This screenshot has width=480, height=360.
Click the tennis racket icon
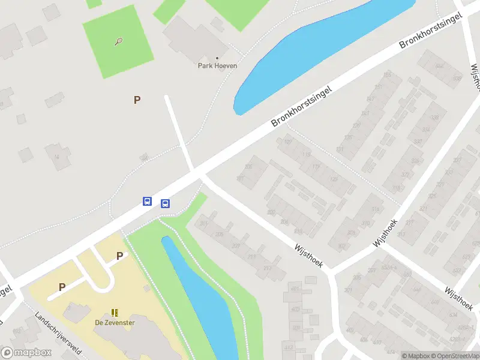point(119,41)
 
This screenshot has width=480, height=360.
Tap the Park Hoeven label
point(217,65)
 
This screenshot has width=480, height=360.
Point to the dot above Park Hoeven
point(217,58)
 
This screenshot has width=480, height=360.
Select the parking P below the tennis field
point(137,100)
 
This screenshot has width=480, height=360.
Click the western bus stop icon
point(147,201)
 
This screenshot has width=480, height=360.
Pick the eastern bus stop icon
point(165,203)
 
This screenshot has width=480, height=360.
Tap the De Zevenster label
point(115,322)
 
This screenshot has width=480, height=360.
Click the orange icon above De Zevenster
point(115,313)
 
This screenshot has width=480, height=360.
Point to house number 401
point(295,289)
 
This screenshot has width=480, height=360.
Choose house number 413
point(289,347)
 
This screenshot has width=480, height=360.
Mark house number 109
point(287,142)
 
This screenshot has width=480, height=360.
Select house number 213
point(250,257)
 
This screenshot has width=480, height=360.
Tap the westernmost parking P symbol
point(62,287)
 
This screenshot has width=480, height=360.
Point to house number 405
point(295,309)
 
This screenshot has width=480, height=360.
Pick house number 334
point(426,130)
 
